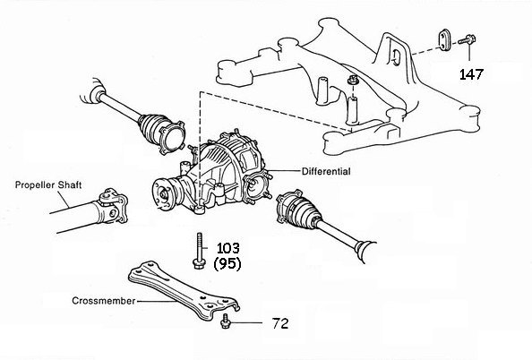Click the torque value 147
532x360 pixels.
click(x=471, y=74)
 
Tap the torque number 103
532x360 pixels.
click(x=228, y=248)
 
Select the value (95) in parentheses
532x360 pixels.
click(x=227, y=263)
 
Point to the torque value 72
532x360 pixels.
click(x=280, y=323)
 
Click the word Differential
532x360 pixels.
click(x=326, y=171)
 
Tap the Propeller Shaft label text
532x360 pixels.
click(x=48, y=184)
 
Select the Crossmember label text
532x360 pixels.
click(x=104, y=301)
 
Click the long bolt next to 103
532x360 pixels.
click(x=199, y=251)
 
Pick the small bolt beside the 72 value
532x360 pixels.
click(x=224, y=321)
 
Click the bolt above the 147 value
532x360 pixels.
click(x=468, y=39)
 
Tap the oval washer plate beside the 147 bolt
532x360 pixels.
click(x=444, y=39)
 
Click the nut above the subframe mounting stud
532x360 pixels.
click(x=351, y=81)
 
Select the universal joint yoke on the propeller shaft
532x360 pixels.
click(x=113, y=206)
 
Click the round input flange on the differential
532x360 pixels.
click(x=162, y=194)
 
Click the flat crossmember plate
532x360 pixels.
click(x=184, y=291)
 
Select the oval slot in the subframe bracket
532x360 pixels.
click(x=396, y=57)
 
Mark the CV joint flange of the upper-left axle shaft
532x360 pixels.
click(x=172, y=138)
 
